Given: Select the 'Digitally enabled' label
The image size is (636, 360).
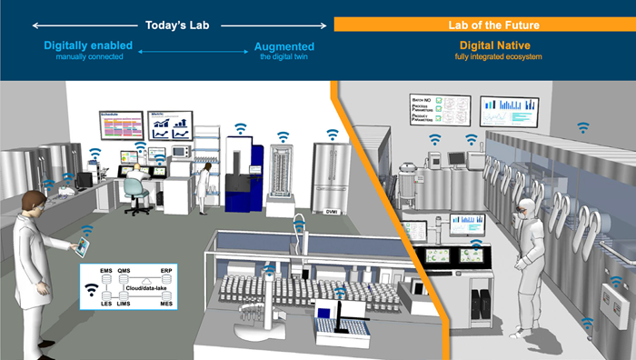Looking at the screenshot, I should pos(87,45).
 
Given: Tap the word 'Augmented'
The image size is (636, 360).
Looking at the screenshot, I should pos(283,45).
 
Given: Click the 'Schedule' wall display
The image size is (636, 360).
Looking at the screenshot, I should pos(121,125).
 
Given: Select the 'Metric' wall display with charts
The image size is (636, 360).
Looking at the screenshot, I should pos(170,123).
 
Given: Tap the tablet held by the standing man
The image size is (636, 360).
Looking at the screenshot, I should pos(84,245).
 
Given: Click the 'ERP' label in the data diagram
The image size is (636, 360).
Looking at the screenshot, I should pos(166,271).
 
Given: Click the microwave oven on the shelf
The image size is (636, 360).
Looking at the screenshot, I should pos(179,151).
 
